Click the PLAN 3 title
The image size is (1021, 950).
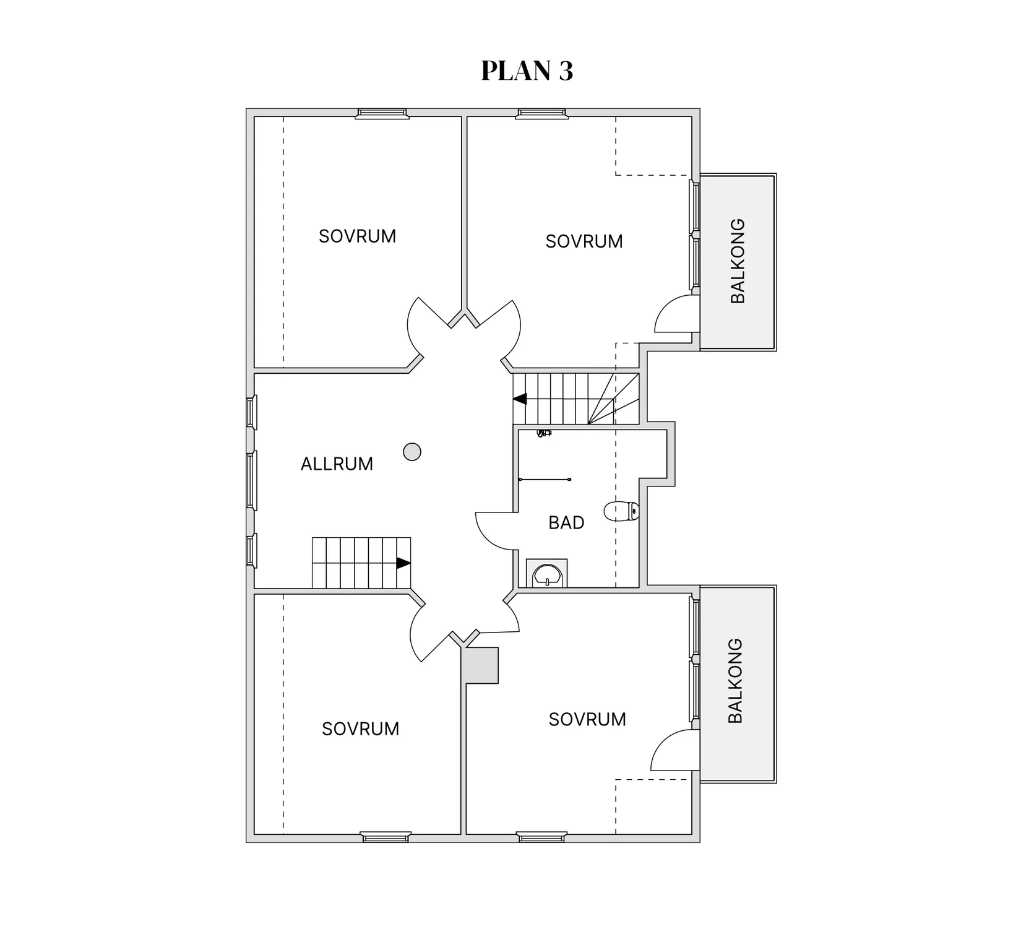[x=527, y=71]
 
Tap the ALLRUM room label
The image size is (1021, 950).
[x=337, y=464]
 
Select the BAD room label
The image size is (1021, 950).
[x=566, y=523]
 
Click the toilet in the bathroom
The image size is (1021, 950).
[x=621, y=511]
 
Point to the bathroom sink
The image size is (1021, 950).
[x=546, y=574]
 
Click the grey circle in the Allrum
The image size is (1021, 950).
[x=412, y=452]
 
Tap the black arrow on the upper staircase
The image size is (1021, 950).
[x=520, y=399]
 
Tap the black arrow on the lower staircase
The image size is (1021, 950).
[x=403, y=563]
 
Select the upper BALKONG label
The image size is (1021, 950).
[x=738, y=261]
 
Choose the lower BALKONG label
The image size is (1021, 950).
[x=735, y=681]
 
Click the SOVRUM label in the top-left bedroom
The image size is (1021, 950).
[x=357, y=236]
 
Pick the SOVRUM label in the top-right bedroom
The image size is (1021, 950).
[x=584, y=241]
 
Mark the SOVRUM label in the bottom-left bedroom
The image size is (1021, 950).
[x=360, y=729]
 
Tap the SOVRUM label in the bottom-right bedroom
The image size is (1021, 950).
[x=587, y=719]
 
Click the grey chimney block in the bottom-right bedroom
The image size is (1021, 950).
[x=482, y=665]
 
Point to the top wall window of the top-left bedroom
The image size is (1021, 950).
[x=382, y=113]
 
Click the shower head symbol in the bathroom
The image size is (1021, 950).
[x=543, y=433]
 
